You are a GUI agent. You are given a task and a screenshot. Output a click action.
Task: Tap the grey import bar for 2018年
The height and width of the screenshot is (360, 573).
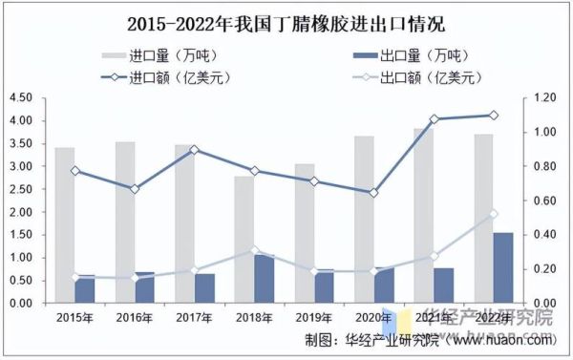point(244,239)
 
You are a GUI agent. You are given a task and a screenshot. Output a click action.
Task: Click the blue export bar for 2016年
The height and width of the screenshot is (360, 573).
point(144,287)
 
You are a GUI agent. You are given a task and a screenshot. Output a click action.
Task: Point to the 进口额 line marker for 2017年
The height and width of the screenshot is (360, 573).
point(194,149)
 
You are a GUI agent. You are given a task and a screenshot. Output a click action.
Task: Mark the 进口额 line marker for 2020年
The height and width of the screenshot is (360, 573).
point(373,193)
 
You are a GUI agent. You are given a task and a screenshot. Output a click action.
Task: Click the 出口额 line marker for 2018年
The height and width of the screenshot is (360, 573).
point(253,250)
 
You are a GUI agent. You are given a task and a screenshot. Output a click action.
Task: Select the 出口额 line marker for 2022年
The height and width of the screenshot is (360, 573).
point(493,214)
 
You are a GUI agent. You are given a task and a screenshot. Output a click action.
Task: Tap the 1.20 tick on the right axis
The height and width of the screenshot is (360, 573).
point(542,97)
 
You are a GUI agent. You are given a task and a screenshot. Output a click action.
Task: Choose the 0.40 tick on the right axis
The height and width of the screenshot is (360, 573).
point(542,235)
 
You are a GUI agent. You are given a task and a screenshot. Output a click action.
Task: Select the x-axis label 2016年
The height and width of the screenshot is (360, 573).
point(134,316)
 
